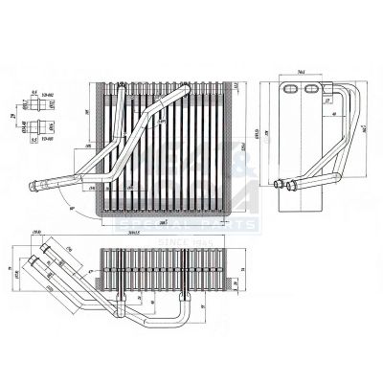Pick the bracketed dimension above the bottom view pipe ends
(37, 230)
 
